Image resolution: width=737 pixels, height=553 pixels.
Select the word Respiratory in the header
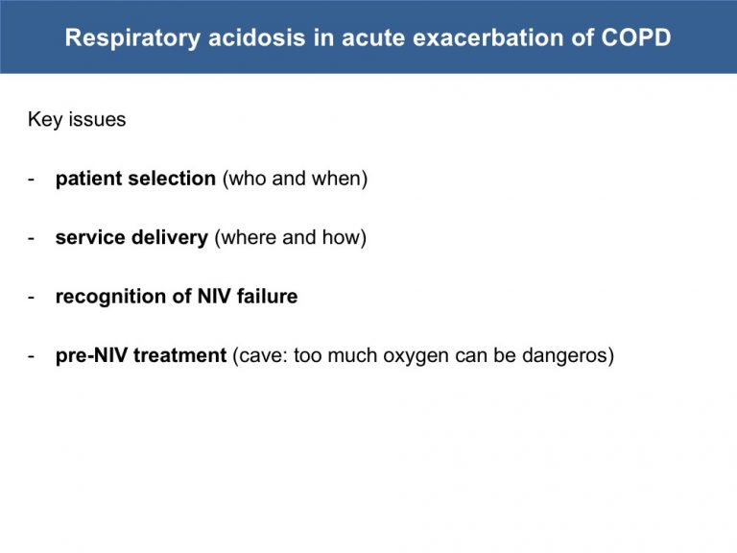pos(133,38)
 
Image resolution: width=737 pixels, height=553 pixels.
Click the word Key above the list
pos(45,120)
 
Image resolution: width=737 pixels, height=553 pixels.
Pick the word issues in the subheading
pos(97,119)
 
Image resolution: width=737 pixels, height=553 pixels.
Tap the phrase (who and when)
pos(296,180)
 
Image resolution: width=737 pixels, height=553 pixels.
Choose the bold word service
pos(90,238)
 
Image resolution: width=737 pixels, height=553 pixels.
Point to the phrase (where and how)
pos(291,238)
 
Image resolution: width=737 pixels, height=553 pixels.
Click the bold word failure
pos(267,297)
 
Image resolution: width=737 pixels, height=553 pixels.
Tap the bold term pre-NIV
pos(91,356)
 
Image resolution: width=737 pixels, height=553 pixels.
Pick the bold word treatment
pos(180,356)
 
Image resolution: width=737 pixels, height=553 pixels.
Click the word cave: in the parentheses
pos(260,356)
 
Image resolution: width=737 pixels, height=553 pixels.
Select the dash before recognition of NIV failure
pos(32,298)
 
